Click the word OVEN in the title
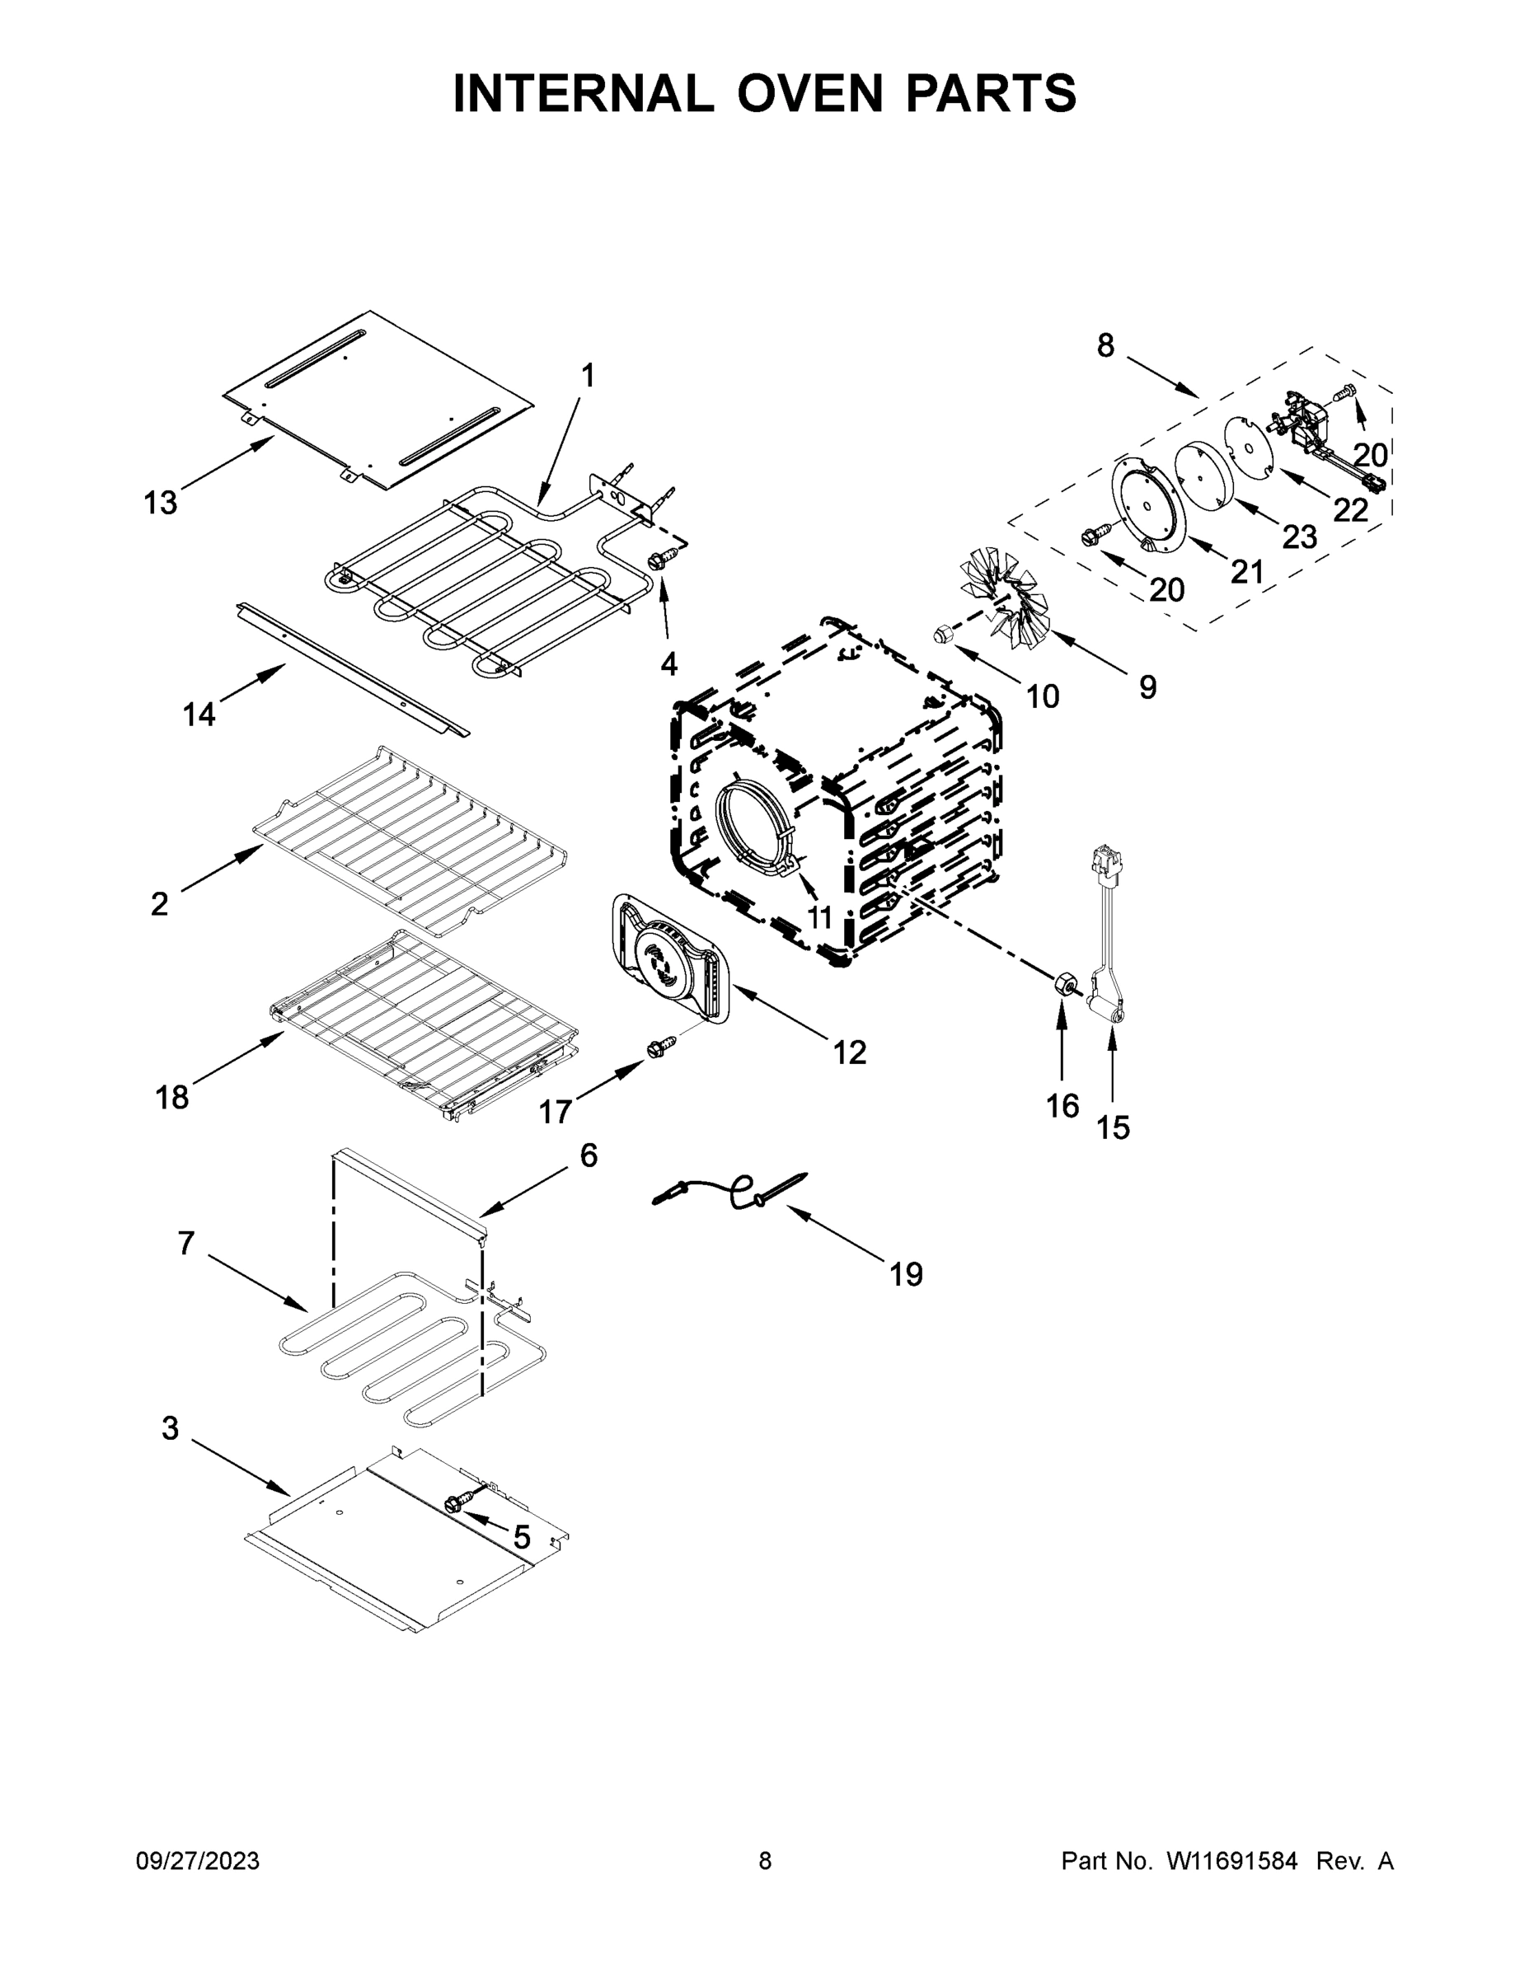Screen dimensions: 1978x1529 [809, 93]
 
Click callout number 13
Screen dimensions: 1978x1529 [161, 502]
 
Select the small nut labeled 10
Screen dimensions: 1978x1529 [942, 635]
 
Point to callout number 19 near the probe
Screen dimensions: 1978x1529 [905, 1274]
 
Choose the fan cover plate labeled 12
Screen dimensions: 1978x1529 [671, 960]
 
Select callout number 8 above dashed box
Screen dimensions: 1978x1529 [1105, 345]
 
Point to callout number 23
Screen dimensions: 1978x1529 [1299, 537]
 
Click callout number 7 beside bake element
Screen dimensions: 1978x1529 [185, 1244]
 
